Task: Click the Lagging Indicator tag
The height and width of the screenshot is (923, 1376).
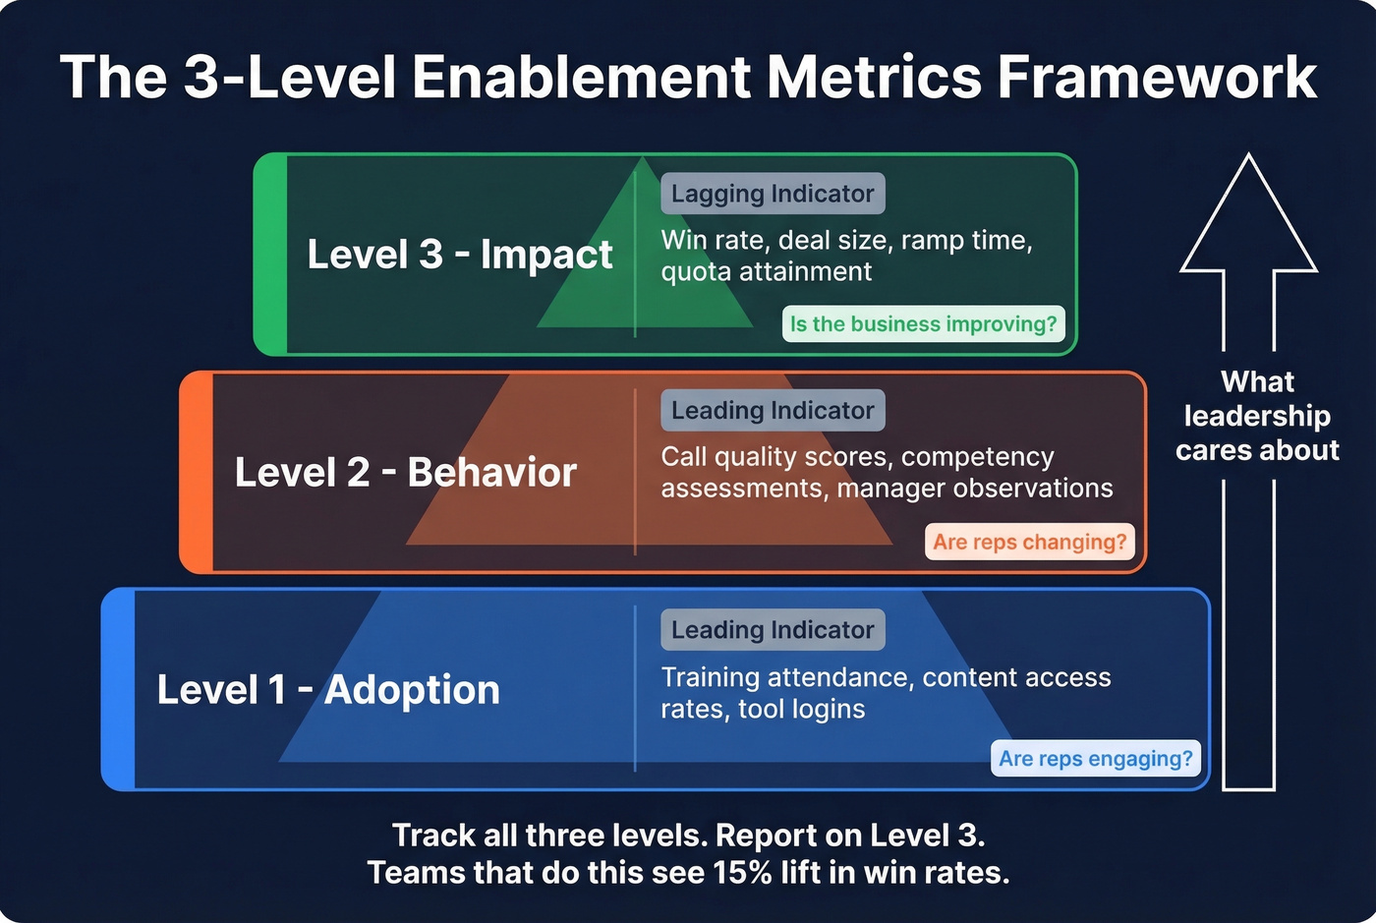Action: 773,194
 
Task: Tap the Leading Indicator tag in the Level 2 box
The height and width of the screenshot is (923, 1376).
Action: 773,411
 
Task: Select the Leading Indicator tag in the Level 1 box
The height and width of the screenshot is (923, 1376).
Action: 773,630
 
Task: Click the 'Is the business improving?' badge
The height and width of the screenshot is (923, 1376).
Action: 923,324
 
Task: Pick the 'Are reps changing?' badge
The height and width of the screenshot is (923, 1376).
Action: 1029,542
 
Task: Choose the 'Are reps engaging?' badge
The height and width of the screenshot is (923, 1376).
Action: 1095,759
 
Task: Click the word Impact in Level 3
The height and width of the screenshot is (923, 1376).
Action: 546,255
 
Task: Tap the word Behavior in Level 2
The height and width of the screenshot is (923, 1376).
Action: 491,473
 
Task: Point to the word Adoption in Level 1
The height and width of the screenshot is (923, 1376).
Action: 412,690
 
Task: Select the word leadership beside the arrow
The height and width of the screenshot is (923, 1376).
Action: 1257,416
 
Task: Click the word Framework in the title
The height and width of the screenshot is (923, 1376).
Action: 1157,77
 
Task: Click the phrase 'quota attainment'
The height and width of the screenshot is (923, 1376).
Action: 766,272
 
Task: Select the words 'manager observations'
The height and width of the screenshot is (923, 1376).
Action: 975,489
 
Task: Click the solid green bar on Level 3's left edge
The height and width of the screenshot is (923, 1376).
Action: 270,255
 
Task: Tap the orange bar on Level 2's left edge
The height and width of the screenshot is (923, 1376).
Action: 197,473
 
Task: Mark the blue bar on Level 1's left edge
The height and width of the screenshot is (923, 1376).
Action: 119,690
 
